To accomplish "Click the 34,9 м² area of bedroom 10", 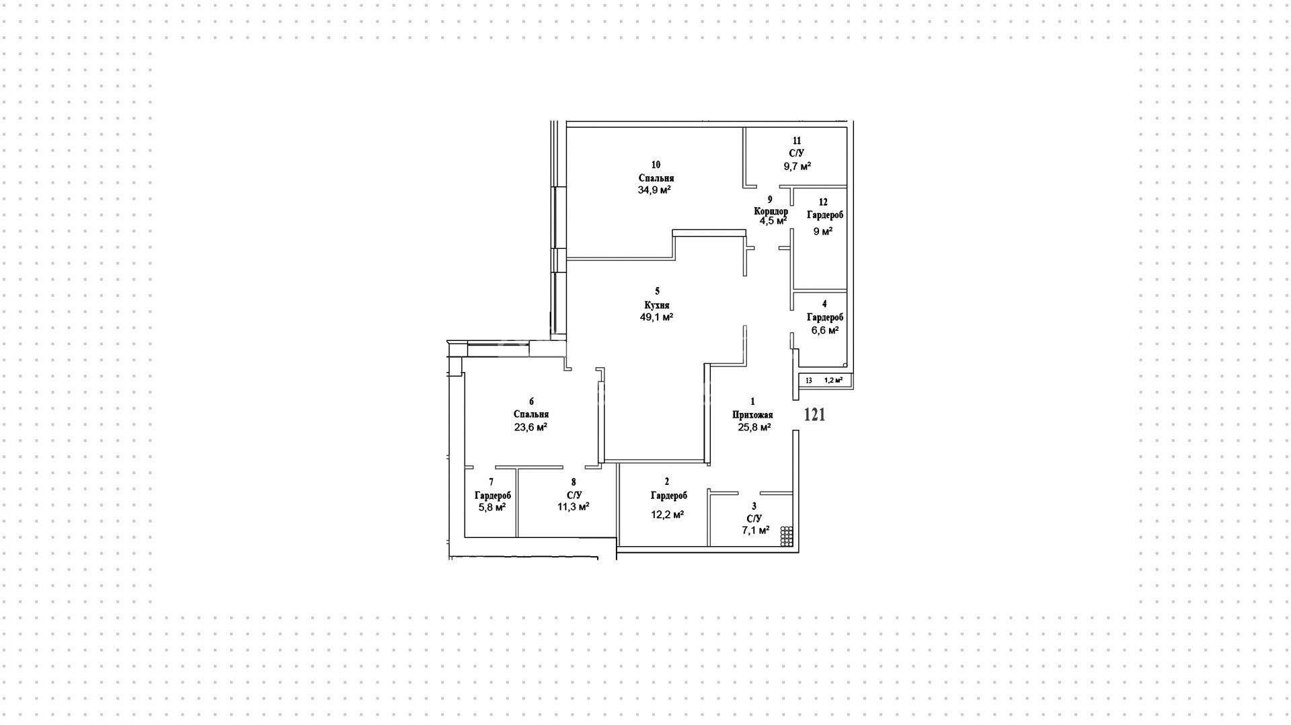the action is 655,190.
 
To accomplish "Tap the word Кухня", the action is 657,305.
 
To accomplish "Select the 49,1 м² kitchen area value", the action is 657,317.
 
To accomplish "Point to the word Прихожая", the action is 752,415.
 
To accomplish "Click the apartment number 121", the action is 815,414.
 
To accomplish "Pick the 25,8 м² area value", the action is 754,427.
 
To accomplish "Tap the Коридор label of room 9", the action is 771,211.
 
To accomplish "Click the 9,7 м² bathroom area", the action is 796,166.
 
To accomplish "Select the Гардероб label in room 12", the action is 825,215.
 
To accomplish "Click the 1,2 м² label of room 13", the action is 833,380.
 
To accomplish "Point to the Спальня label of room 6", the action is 531,414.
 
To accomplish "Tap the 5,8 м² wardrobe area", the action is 492,507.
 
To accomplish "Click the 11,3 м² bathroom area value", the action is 574,507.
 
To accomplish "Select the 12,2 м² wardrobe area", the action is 668,514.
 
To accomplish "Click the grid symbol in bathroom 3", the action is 787,536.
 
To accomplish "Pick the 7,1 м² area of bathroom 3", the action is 756,530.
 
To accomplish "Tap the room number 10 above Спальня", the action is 656,165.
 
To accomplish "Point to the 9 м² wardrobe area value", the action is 823,231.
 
